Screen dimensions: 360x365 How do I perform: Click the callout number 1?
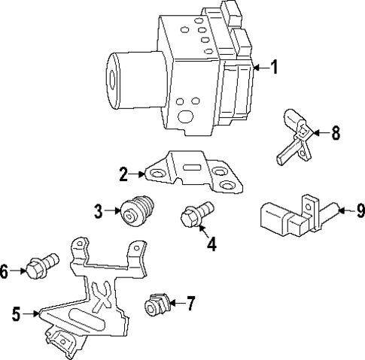point(275,68)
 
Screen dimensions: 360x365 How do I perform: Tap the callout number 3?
point(98,211)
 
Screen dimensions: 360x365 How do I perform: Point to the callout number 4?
point(211,244)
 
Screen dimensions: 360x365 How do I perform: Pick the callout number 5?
point(17,314)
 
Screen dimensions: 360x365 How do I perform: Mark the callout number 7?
point(190,304)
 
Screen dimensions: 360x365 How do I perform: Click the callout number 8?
point(336,133)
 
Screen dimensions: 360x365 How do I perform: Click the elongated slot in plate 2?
point(192,168)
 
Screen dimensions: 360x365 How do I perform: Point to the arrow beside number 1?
point(259,68)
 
